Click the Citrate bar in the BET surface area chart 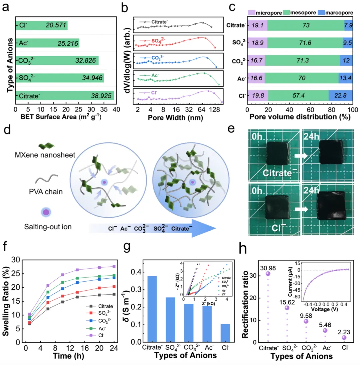pyautogui.click(x=65, y=95)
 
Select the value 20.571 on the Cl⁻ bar pyautogui.click(x=55, y=25)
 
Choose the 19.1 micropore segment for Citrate pyautogui.click(x=257, y=25)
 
